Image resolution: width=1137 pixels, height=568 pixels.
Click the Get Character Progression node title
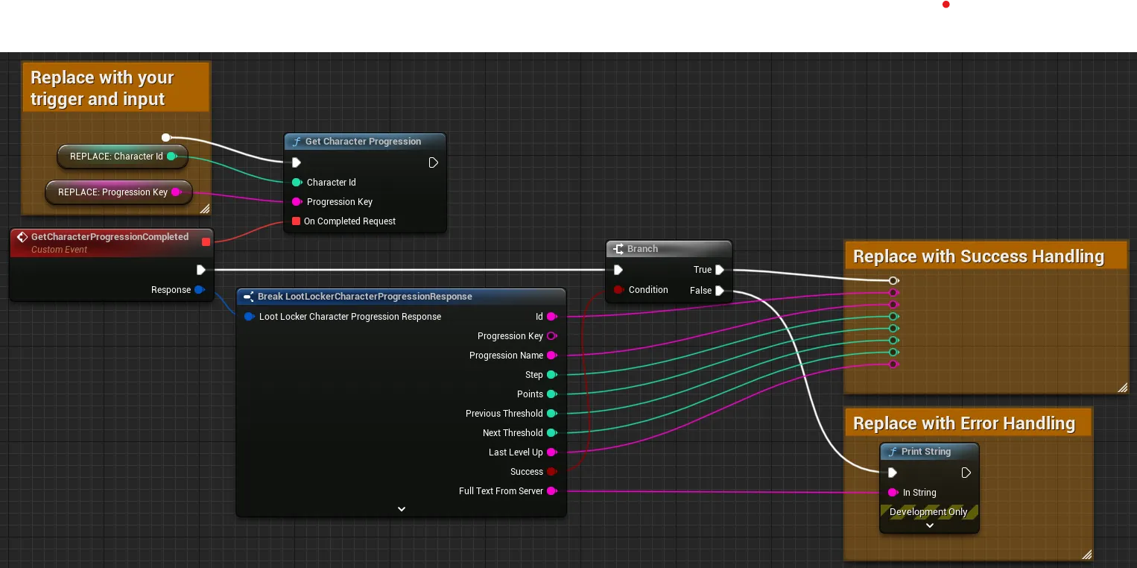(x=363, y=142)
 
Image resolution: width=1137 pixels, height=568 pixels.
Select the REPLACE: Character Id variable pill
(x=122, y=157)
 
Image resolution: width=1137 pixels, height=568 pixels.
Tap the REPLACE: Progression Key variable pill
(x=118, y=192)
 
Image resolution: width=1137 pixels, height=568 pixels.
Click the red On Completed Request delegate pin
(x=296, y=221)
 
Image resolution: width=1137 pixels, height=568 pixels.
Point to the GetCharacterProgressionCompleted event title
(x=110, y=237)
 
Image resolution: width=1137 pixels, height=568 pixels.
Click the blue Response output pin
(x=200, y=290)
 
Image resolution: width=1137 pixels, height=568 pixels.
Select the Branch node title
(x=642, y=249)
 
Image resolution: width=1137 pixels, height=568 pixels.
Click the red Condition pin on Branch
(x=618, y=290)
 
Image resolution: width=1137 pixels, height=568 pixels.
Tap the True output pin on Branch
(x=719, y=270)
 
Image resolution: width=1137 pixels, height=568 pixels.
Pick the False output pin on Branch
(x=719, y=291)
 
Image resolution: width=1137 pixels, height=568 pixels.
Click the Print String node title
(x=926, y=452)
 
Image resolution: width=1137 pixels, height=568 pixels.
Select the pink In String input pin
(x=893, y=493)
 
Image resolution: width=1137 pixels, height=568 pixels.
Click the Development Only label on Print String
(x=928, y=511)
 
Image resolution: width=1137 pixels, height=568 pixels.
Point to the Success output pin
(x=552, y=472)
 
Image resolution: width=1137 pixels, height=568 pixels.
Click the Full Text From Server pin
(x=552, y=490)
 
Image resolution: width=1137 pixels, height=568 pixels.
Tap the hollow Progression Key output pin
(x=552, y=336)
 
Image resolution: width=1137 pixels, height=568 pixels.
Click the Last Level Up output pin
(x=552, y=452)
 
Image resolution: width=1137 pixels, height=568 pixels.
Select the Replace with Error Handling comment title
(x=964, y=423)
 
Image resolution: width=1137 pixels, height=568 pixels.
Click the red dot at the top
(x=946, y=4)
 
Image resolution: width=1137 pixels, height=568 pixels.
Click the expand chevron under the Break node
(x=402, y=509)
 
